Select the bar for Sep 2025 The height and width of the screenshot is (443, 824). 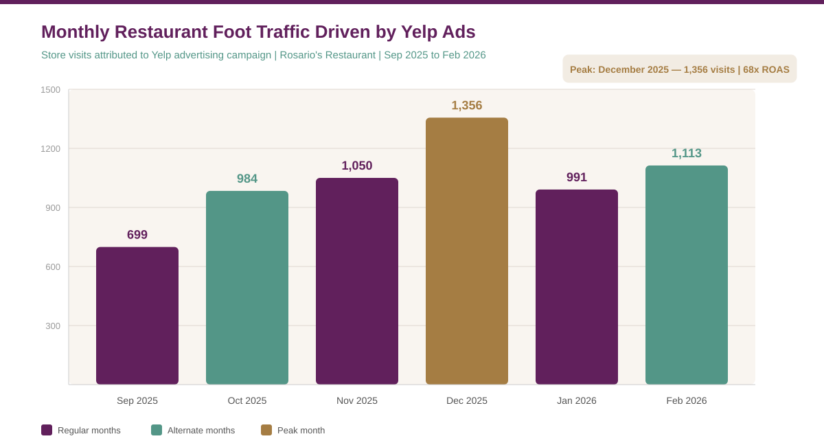(x=137, y=316)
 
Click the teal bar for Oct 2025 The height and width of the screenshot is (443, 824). (x=247, y=288)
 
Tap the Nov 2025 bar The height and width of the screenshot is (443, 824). (x=357, y=282)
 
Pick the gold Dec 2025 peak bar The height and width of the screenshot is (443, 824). (x=467, y=251)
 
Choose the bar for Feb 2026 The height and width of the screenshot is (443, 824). (x=687, y=275)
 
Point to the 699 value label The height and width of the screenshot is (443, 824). (x=137, y=235)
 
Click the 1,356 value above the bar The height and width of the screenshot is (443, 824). (x=467, y=106)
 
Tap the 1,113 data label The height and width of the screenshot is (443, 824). (x=687, y=153)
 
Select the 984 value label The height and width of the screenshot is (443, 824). (x=247, y=179)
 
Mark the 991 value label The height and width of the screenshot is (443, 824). (x=577, y=177)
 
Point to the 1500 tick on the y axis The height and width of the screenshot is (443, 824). (x=50, y=90)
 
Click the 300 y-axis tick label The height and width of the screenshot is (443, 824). (x=53, y=326)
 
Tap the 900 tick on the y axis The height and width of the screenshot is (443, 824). (x=53, y=208)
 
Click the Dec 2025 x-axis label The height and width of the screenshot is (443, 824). (x=467, y=400)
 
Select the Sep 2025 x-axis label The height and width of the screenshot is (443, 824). (x=137, y=400)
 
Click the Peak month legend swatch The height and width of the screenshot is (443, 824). (x=266, y=430)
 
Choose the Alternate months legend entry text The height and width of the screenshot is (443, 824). (x=201, y=431)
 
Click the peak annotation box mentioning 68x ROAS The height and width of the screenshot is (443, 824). (x=680, y=69)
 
